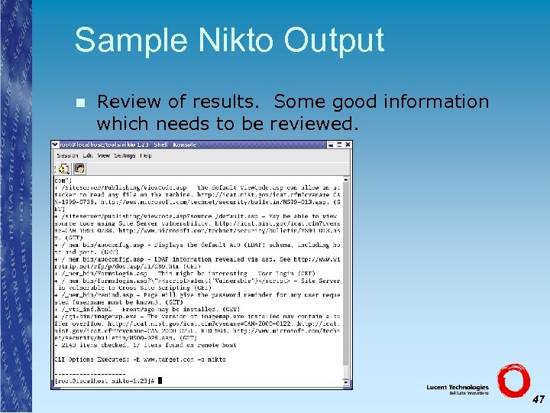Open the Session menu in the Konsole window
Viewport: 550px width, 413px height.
click(x=66, y=155)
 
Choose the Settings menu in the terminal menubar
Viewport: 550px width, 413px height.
click(x=124, y=155)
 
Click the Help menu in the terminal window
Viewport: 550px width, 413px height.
click(x=145, y=155)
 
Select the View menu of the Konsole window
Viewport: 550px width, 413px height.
click(x=105, y=155)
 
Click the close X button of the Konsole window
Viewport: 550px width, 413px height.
click(x=348, y=145)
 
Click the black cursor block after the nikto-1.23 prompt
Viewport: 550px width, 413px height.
click(x=160, y=380)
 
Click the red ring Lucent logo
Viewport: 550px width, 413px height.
click(x=513, y=380)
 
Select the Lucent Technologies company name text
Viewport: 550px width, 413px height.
click(x=458, y=388)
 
